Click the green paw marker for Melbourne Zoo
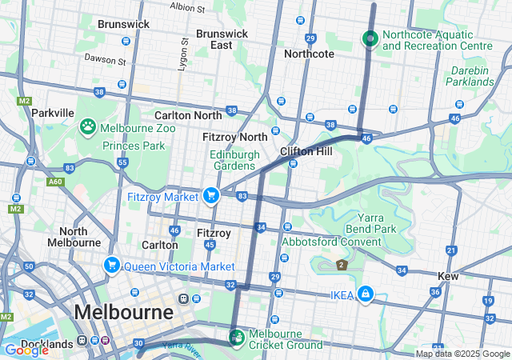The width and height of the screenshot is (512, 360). (87, 126)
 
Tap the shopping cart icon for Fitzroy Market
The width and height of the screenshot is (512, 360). (211, 195)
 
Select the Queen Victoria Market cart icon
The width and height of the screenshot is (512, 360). (112, 265)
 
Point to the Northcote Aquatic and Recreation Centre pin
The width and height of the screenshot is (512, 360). (370, 38)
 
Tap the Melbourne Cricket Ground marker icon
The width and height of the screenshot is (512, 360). (237, 336)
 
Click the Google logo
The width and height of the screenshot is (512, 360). (26, 350)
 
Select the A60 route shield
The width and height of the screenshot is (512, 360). (54, 182)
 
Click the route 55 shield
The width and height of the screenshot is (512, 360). (122, 162)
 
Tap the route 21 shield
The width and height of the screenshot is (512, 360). (451, 251)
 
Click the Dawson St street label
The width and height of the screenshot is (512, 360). (106, 60)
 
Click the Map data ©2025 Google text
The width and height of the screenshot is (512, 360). (462, 354)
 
